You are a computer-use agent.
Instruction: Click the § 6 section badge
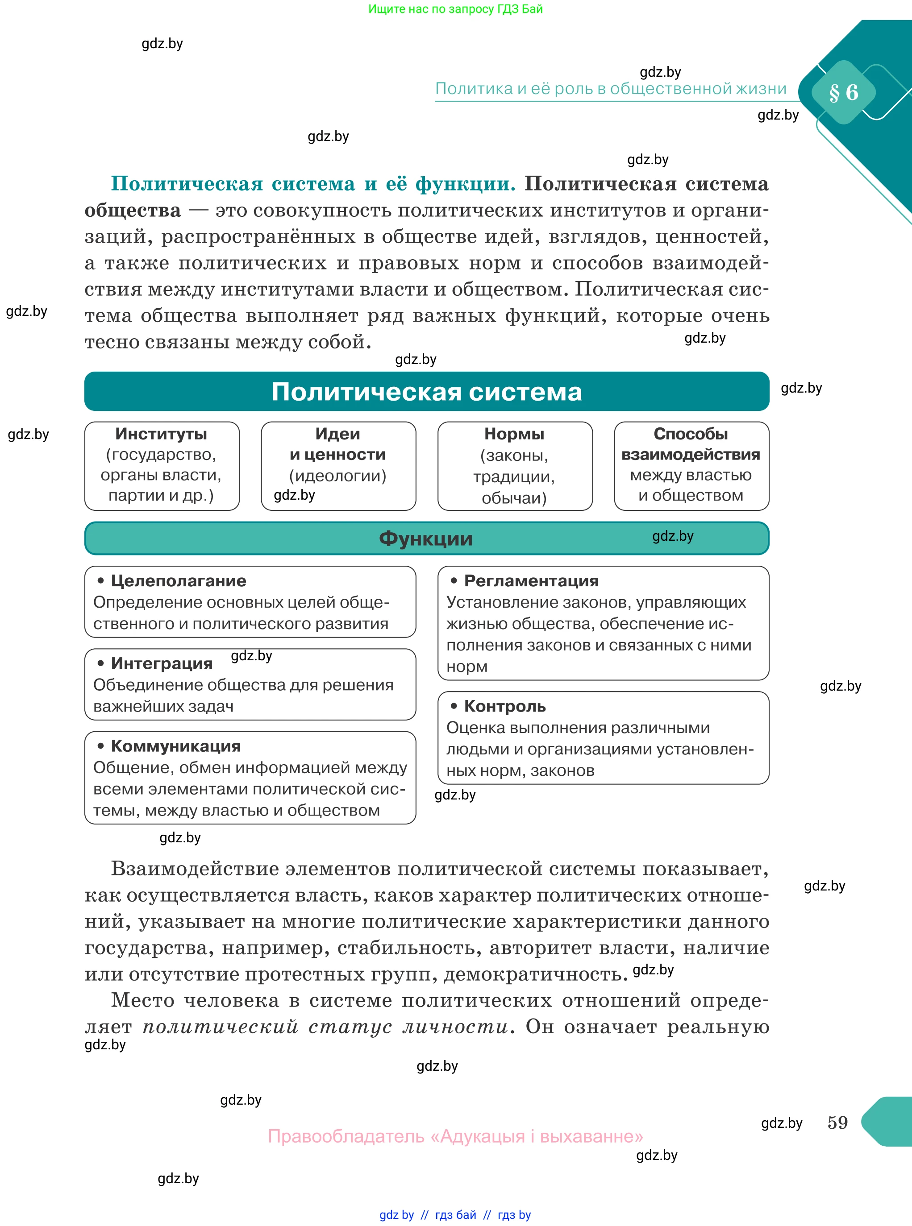coord(843,92)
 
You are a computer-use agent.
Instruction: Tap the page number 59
coord(837,1122)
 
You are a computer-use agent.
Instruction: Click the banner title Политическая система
coord(426,392)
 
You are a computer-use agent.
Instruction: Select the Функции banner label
coord(425,538)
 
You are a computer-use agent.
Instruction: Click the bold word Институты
coord(161,434)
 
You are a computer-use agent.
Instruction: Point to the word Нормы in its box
coord(514,434)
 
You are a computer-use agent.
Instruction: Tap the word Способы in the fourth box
coord(690,434)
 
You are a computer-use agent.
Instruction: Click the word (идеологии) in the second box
coord(337,476)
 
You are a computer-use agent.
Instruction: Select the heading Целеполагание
coord(178,580)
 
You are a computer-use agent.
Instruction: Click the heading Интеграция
coord(161,663)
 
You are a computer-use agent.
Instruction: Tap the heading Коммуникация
coord(175,746)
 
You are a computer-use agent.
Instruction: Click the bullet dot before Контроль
coord(454,706)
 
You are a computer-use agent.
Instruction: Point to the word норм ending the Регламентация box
coord(466,667)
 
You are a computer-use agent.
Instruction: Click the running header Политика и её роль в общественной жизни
coord(611,89)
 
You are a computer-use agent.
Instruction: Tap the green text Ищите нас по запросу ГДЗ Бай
coord(455,9)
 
